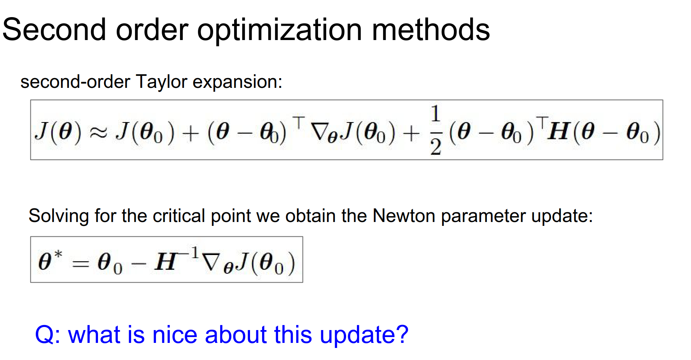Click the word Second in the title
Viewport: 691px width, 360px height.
[54, 30]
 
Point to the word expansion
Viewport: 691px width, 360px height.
[237, 82]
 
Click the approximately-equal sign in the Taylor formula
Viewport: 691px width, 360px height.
[98, 132]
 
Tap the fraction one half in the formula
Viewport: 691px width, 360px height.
[436, 130]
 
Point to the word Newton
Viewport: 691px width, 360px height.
[404, 216]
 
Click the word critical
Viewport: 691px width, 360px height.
[179, 216]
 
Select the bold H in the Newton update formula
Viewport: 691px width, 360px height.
[166, 261]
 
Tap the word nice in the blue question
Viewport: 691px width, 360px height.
[175, 335]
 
